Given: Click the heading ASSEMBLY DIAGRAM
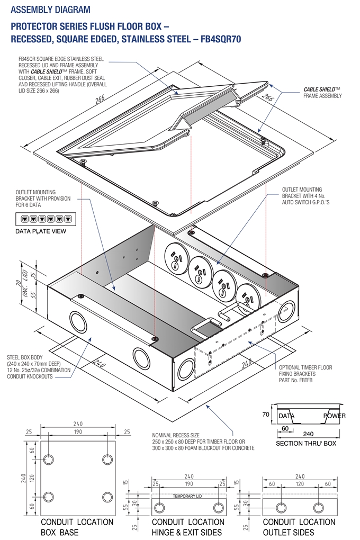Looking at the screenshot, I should [x=50, y=10].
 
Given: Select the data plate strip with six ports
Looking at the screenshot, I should [x=41, y=219].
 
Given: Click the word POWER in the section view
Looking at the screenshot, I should [x=334, y=416].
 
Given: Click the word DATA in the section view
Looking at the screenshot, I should [x=286, y=416].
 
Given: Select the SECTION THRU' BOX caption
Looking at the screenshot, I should [x=306, y=444].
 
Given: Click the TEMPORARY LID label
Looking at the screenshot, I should [x=188, y=497].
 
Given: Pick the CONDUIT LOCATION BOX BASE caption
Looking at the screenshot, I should [x=77, y=527].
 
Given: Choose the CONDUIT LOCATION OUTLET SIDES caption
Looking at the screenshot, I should [x=299, y=527].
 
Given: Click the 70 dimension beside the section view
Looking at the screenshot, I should [x=266, y=415].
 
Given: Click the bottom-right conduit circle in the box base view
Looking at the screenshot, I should [x=107, y=497].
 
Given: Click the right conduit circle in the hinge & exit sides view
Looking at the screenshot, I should [x=218, y=508].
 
